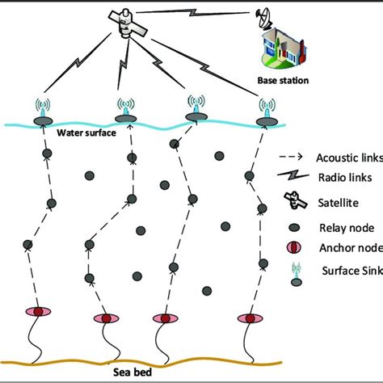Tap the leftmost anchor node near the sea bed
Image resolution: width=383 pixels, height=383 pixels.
pyautogui.click(x=36, y=312)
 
